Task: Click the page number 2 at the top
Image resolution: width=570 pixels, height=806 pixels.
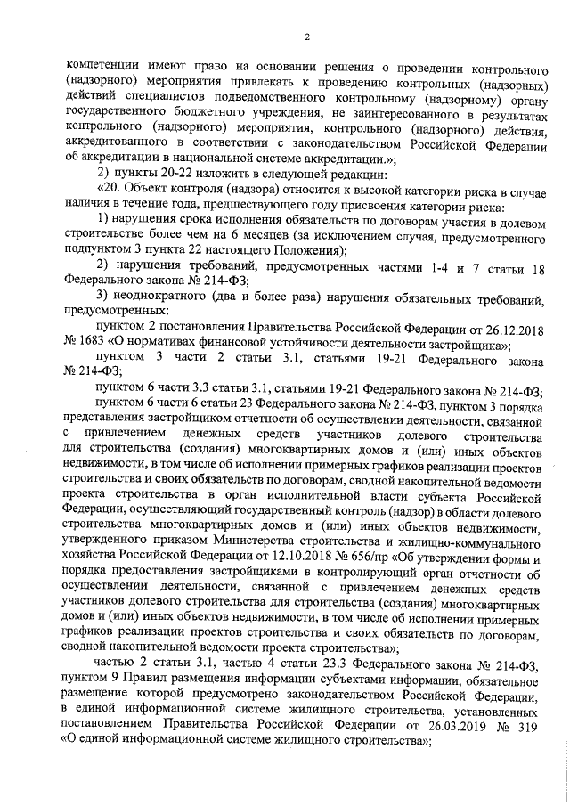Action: pyautogui.click(x=306, y=37)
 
